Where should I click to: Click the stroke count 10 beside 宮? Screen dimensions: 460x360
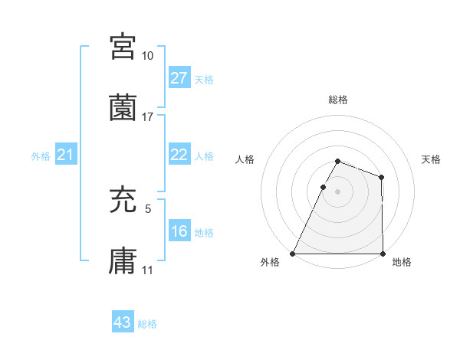pyautogui.click(x=148, y=56)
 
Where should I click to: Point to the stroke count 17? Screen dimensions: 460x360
pyautogui.click(x=148, y=117)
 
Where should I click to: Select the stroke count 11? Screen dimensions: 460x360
pyautogui.click(x=148, y=270)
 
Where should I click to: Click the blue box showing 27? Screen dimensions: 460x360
pyautogui.click(x=179, y=78)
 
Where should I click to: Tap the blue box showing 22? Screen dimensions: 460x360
pyautogui.click(x=179, y=155)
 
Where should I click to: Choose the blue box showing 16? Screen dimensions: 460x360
pyautogui.click(x=179, y=231)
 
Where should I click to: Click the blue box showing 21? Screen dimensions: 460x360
pyautogui.click(x=66, y=155)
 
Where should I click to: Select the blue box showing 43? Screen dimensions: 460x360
pyautogui.click(x=123, y=322)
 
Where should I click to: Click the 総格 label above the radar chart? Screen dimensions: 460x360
pyautogui.click(x=337, y=100)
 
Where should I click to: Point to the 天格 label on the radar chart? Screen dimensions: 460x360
pyautogui.click(x=431, y=159)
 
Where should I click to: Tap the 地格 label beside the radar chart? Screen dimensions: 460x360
pyautogui.click(x=402, y=262)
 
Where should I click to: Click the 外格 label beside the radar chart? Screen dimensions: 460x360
pyautogui.click(x=271, y=262)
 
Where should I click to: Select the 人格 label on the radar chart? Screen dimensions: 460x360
pyautogui.click(x=246, y=159)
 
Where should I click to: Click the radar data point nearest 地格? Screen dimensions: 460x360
pyautogui.click(x=383, y=254)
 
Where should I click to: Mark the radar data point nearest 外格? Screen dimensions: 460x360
pyautogui.click(x=293, y=254)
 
